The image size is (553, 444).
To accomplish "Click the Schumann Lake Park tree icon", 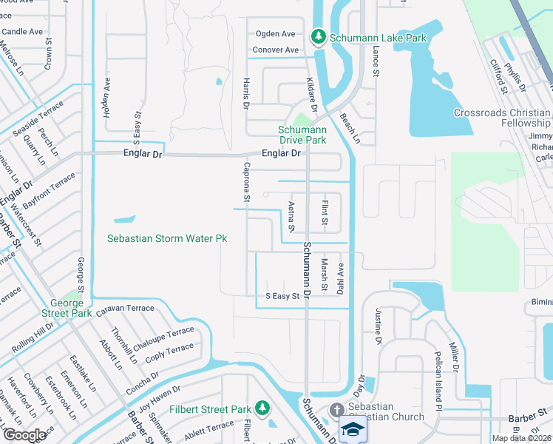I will point(319,36).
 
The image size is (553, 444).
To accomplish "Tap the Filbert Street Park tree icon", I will point(262,408).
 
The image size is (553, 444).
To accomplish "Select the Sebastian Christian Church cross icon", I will point(337,410).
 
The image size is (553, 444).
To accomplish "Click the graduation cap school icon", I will point(352,429).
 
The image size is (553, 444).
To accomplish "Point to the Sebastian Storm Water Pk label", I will point(166,239).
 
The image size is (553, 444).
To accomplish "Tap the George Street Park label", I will point(71,308).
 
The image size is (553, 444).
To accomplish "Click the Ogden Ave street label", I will point(275,34).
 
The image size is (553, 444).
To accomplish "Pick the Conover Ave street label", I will point(275,50).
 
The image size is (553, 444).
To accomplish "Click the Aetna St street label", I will point(291,215).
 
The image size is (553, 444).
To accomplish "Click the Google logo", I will point(25,435).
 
